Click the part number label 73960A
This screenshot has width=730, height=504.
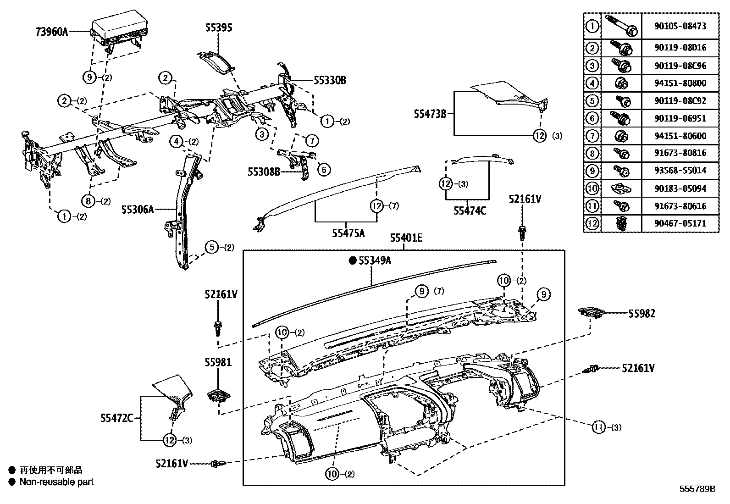click(x=51, y=32)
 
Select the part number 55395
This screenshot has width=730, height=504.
click(x=218, y=28)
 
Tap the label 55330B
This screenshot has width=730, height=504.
click(x=330, y=81)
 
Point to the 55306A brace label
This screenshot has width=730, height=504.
click(x=137, y=210)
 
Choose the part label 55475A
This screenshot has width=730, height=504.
click(x=348, y=233)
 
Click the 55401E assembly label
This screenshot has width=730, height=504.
click(x=406, y=238)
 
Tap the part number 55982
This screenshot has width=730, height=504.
click(x=642, y=314)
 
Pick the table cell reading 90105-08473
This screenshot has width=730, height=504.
click(x=680, y=26)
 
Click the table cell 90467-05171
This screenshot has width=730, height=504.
click(x=680, y=224)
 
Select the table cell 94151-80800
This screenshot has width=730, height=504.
click(x=680, y=83)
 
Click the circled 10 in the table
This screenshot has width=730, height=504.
click(x=592, y=188)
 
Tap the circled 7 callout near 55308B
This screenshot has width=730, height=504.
click(x=311, y=140)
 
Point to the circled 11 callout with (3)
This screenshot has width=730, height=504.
click(x=598, y=427)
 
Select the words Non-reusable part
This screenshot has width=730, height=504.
click(x=56, y=482)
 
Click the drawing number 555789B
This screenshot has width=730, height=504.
click(x=697, y=489)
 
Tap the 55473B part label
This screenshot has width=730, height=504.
click(x=430, y=114)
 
